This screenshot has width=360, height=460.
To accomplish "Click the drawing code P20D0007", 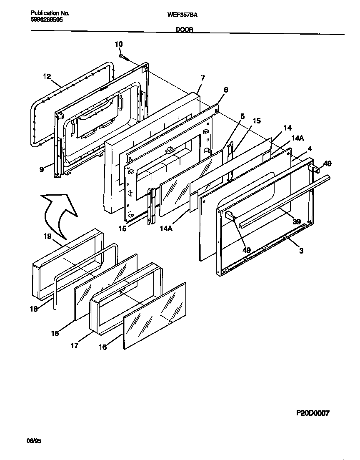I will pos(312,413).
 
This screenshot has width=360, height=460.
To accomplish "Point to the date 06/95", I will pos(36,441).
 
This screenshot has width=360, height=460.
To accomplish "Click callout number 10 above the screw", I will pos(119,44).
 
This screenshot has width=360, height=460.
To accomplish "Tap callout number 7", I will pos(202,78).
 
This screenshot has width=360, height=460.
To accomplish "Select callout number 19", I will pos(47,236).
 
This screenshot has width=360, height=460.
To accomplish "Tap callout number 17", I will pos(74,346).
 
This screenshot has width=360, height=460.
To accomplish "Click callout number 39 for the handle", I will pos(296,222).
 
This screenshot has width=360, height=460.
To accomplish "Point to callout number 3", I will pos(301,251).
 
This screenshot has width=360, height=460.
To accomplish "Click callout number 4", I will pos(310,148).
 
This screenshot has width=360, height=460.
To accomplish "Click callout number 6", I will pos(226,90).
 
